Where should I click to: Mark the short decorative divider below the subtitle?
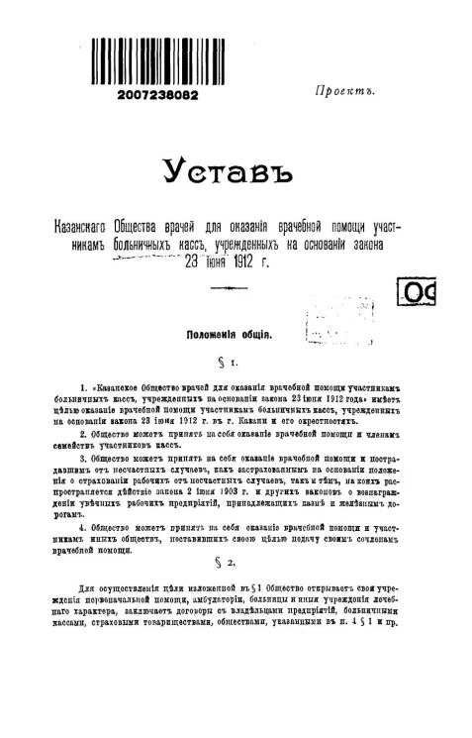(x=231, y=290)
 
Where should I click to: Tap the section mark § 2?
(x=232, y=564)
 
